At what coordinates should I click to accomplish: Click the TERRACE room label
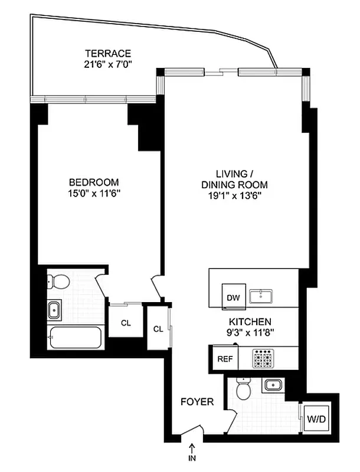coord(107,53)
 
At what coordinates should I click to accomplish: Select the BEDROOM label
coord(93,182)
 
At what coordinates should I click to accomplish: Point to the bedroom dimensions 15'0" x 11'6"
coord(93,193)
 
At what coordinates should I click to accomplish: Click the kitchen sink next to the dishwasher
coord(260,296)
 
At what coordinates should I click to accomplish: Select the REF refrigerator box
coord(224,358)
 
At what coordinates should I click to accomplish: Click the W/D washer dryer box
coord(316,419)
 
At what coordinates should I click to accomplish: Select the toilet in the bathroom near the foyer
coord(243,390)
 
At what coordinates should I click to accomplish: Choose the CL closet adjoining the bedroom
coord(126,323)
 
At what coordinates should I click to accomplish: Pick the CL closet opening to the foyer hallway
coord(158,329)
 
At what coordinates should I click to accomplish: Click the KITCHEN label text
coord(250,322)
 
